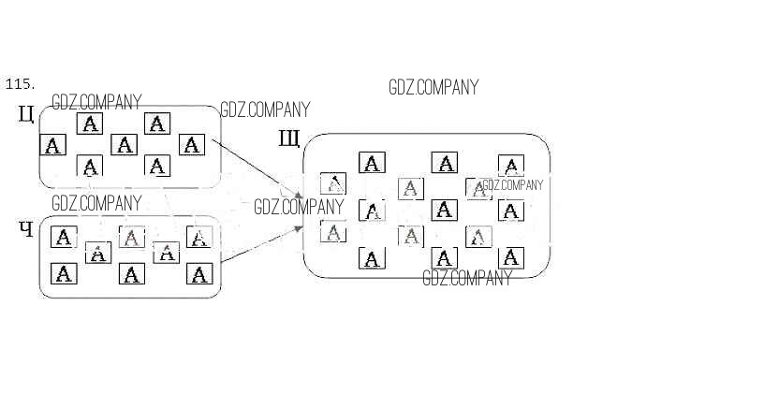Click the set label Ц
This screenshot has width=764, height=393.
coord(26,115)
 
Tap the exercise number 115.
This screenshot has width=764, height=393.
coord(19,84)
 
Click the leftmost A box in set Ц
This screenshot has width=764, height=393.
coord(53,145)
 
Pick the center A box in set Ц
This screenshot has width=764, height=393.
coord(124,145)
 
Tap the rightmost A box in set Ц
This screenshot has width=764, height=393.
coord(191,145)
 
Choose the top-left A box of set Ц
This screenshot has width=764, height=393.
coord(89,124)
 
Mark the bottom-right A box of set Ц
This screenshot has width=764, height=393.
coord(157,167)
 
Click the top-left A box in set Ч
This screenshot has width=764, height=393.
coord(63,238)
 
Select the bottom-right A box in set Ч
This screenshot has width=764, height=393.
coord(199,274)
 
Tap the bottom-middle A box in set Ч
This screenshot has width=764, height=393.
coord(132,274)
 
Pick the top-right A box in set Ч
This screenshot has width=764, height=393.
coord(199,238)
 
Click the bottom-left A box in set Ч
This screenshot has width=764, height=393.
coord(63,274)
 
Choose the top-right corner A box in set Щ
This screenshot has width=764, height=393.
coord(510,167)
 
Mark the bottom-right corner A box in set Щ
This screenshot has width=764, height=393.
coord(510,257)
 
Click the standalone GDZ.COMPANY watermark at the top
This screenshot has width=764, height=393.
coord(433,88)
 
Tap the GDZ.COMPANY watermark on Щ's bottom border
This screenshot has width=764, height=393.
coord(467,278)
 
